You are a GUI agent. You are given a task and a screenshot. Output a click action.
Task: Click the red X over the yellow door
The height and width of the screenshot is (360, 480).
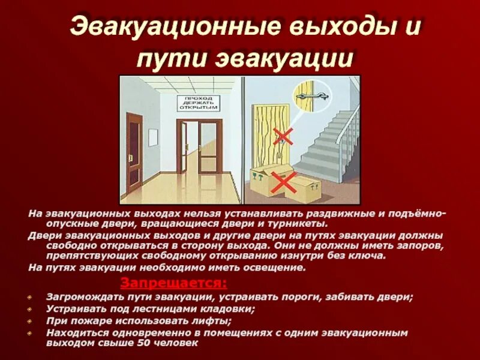point(282,136)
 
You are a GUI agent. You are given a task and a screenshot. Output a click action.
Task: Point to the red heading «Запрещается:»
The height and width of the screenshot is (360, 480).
point(173,283)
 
